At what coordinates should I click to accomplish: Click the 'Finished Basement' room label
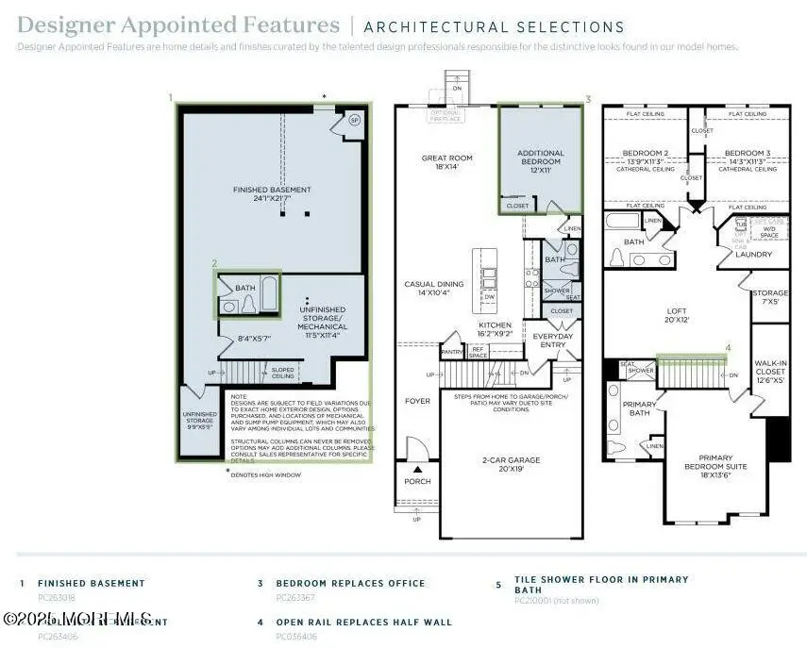pyautogui.click(x=271, y=190)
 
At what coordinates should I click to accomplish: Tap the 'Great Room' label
pyautogui.click(x=446, y=158)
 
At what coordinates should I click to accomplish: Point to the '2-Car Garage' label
pyautogui.click(x=509, y=459)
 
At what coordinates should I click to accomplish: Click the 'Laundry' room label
pyautogui.click(x=754, y=254)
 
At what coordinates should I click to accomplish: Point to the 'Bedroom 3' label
pyautogui.click(x=748, y=153)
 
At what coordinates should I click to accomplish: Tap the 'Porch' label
pyautogui.click(x=417, y=481)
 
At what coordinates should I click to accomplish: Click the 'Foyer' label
pyautogui.click(x=417, y=401)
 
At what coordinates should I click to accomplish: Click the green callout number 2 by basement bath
pyautogui.click(x=214, y=264)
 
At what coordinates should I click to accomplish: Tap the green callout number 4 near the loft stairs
pyautogui.click(x=728, y=348)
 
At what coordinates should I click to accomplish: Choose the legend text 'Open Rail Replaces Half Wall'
pyautogui.click(x=363, y=623)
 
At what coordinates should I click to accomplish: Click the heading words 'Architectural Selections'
pyautogui.click(x=494, y=27)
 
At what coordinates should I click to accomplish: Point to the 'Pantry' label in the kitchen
pyautogui.click(x=452, y=352)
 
